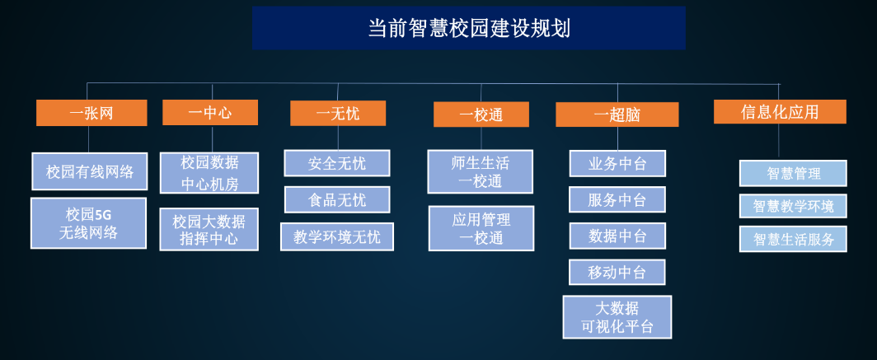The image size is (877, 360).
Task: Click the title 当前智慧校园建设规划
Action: [468, 28]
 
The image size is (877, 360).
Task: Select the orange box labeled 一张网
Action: [91, 113]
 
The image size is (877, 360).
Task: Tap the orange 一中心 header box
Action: [209, 113]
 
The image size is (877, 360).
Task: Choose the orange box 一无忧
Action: [338, 113]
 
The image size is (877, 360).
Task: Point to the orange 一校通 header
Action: [481, 115]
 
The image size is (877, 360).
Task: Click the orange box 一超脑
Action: [617, 115]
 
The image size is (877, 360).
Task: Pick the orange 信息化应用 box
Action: [780, 112]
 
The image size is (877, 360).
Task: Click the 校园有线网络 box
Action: [90, 172]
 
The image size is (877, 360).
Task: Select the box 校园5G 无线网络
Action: [88, 223]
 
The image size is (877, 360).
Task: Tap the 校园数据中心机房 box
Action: [209, 173]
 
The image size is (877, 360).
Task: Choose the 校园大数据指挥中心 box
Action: [209, 230]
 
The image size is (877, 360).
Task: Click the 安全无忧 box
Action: [337, 163]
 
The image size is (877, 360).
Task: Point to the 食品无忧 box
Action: [337, 199]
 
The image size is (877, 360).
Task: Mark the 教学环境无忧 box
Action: [337, 237]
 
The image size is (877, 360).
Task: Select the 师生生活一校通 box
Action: [481, 172]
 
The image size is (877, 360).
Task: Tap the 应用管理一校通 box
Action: [481, 229]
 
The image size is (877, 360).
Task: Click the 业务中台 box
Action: [617, 164]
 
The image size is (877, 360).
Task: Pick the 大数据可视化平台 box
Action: [617, 317]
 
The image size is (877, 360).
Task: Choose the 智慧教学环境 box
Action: [793, 206]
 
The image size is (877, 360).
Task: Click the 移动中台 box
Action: [617, 272]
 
